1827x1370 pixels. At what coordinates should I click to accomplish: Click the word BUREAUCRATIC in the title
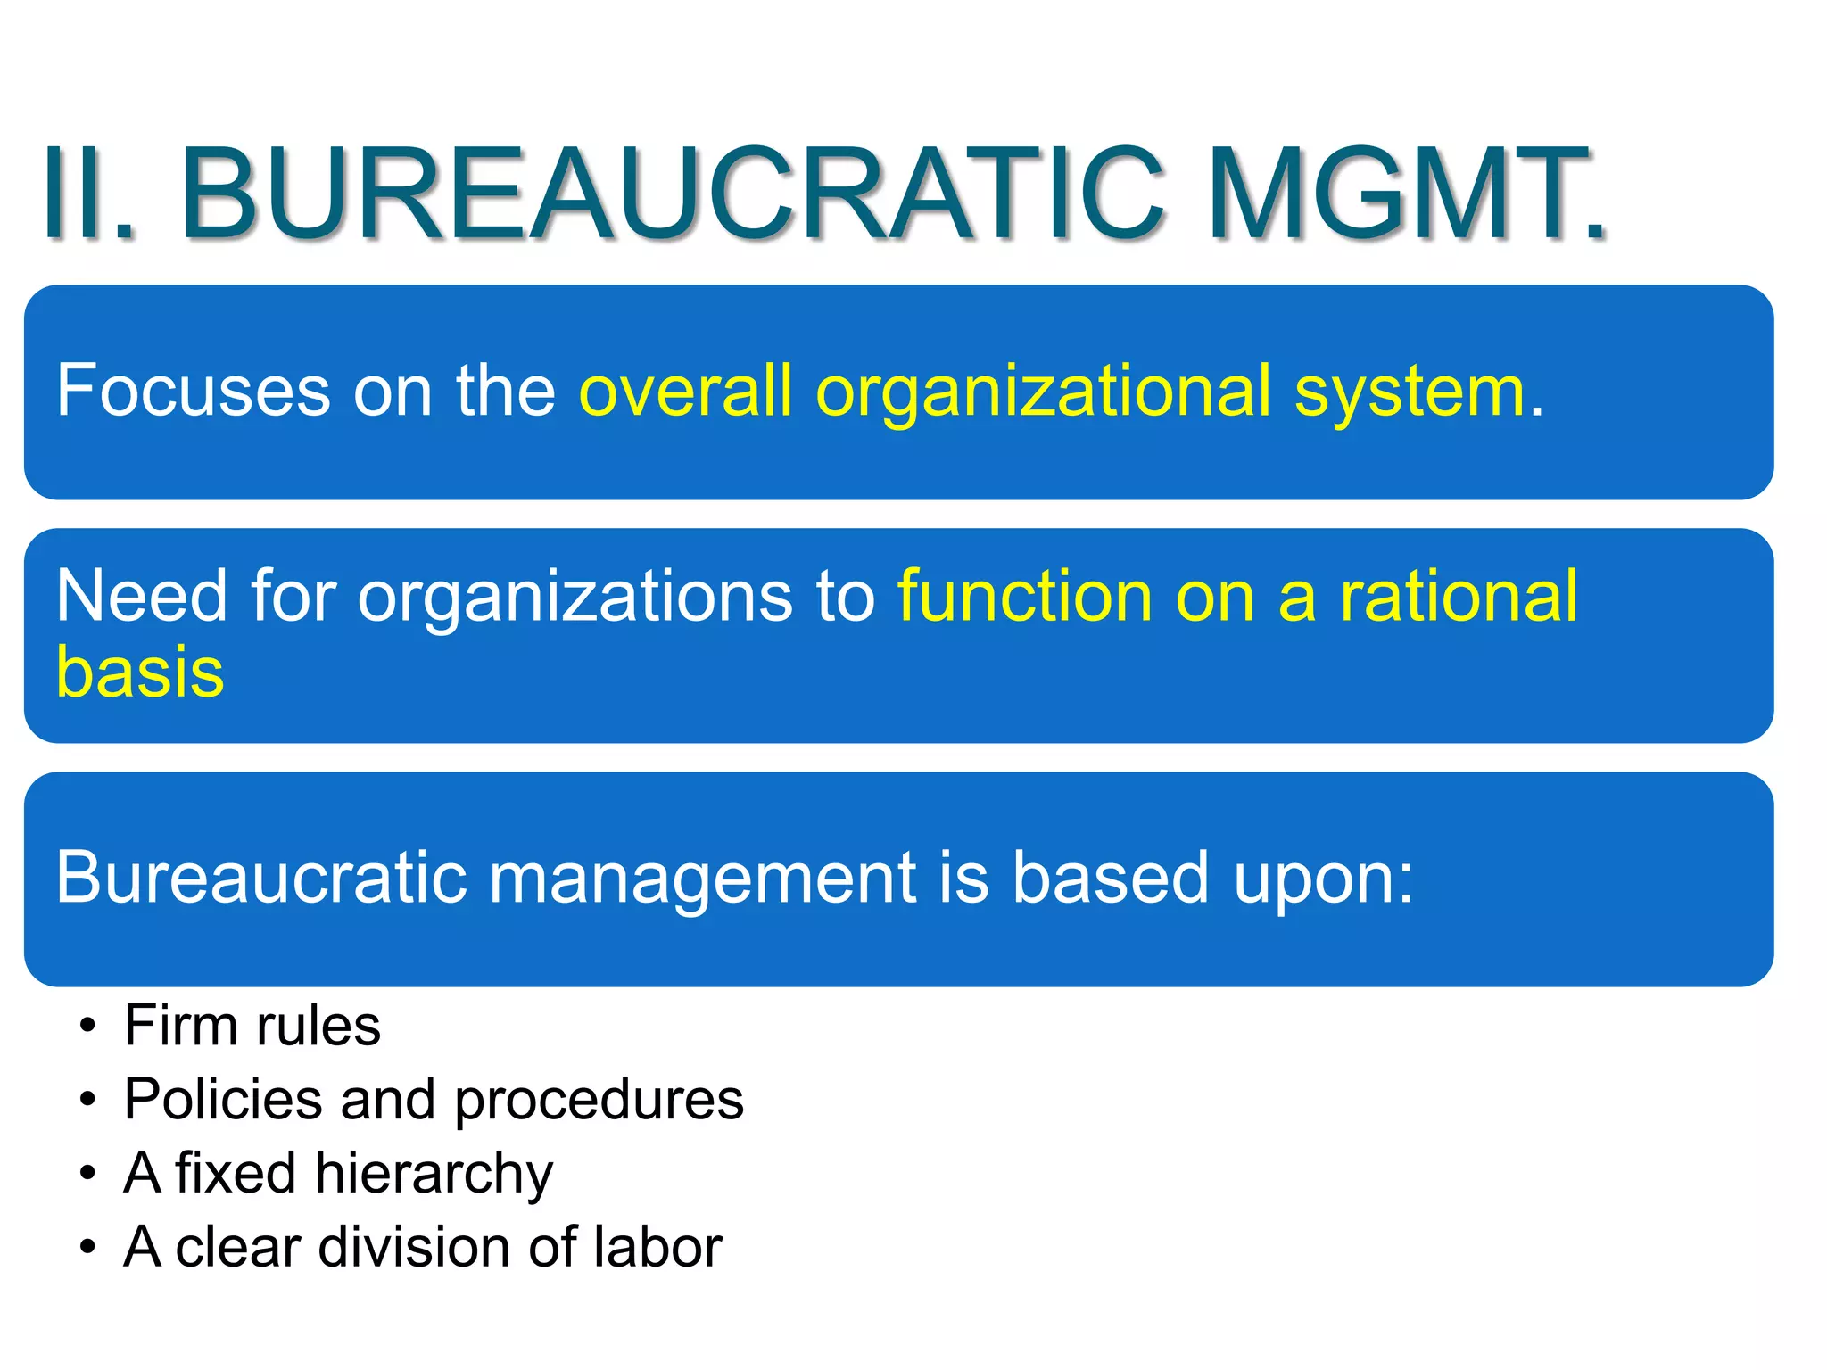click(674, 194)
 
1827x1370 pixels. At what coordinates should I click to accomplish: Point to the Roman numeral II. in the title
click(89, 194)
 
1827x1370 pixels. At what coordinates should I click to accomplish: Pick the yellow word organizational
click(1043, 392)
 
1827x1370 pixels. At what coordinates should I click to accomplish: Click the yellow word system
click(1410, 392)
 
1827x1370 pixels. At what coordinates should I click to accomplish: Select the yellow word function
click(1024, 595)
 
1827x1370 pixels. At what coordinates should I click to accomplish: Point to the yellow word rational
click(1458, 595)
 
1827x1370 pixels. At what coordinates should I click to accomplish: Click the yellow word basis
click(140, 671)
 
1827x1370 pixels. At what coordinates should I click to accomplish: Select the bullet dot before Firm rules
click(87, 1027)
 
